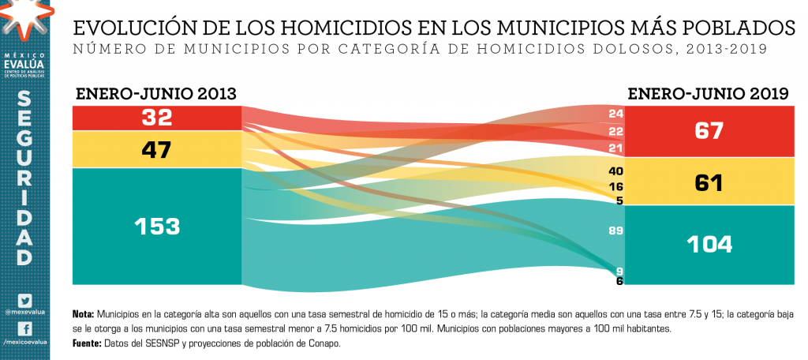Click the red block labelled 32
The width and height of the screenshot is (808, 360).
[x=157, y=118]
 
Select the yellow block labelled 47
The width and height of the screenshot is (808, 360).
[x=157, y=149]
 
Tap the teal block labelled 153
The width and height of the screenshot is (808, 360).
[x=157, y=226]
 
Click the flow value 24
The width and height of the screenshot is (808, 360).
[x=616, y=114]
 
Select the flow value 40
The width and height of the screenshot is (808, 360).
[x=616, y=171]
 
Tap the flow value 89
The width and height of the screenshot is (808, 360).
[x=616, y=231]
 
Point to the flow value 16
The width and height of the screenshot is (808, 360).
[x=616, y=187]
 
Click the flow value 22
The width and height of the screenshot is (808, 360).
[x=616, y=131]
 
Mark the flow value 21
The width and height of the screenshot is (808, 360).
[x=616, y=148]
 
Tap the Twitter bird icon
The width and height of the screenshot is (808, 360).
[x=24, y=300]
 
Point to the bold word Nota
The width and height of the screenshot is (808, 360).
[x=83, y=313]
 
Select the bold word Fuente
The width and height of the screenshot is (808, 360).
[x=86, y=343]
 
